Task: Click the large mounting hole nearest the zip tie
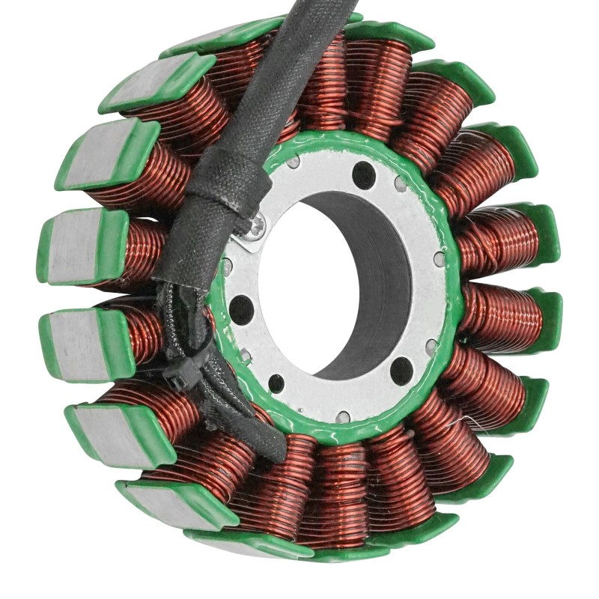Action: (x=241, y=306)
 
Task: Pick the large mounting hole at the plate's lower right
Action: (x=402, y=368)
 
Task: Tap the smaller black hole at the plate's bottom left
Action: (x=276, y=383)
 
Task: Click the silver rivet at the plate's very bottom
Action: (x=343, y=416)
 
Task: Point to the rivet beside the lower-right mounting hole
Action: (x=431, y=346)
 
